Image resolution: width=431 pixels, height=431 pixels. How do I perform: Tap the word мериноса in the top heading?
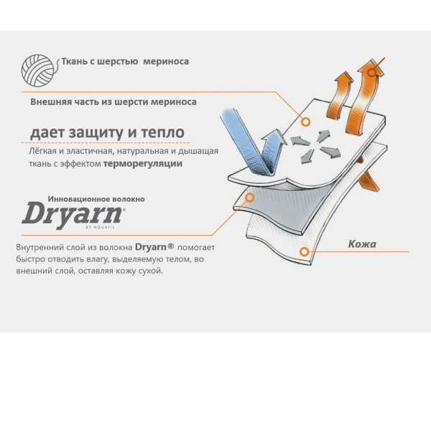point(166,62)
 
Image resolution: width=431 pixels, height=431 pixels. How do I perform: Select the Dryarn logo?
point(73,215)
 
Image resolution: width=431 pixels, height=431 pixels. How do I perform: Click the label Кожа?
point(362,244)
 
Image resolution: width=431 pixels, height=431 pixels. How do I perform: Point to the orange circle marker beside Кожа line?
point(304,251)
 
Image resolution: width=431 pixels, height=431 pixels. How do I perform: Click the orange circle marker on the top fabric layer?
point(306,122)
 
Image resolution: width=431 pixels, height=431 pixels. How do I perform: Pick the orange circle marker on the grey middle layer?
point(250,197)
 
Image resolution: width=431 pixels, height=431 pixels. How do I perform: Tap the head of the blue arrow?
point(274,136)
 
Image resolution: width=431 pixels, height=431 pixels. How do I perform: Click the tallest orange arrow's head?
point(371,68)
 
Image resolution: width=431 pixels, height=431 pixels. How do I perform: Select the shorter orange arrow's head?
point(344,78)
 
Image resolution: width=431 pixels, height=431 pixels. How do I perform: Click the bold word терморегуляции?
point(143,164)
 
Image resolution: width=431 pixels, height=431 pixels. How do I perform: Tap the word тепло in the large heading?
point(163,132)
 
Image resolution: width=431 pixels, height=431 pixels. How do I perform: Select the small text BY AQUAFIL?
point(100,227)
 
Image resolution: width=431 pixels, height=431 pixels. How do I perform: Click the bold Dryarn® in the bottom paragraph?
point(154,247)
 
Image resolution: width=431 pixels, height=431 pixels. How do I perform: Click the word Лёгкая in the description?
point(42,151)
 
